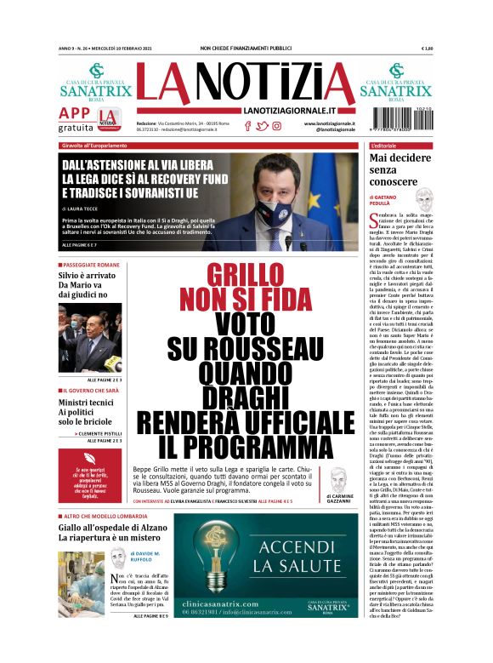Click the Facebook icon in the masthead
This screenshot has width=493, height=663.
[x=247, y=126]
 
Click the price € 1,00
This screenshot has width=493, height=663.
[x=427, y=49]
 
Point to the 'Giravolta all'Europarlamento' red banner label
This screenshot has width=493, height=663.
[x=95, y=146]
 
